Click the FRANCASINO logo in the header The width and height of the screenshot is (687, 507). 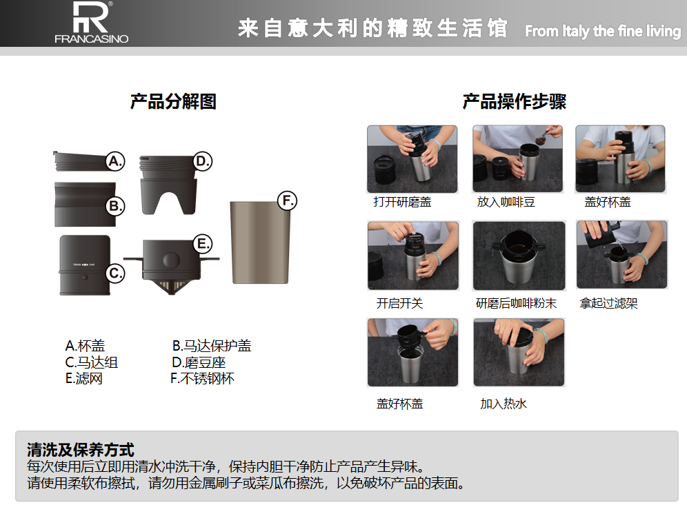[x=92, y=22]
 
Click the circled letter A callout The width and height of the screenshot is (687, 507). [x=115, y=161]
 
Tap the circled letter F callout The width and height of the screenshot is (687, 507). [x=288, y=200]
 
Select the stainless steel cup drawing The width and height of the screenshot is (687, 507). [x=260, y=242]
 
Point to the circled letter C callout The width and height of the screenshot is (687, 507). [x=115, y=274]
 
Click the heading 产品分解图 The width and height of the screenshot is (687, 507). [x=174, y=101]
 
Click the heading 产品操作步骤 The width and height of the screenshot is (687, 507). [x=515, y=101]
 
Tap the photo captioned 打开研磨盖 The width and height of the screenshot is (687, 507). [x=412, y=159]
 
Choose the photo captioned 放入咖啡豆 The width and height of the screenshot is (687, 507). [x=517, y=159]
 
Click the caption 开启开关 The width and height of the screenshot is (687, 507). [x=399, y=303]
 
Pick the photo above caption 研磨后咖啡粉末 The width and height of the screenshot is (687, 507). [x=519, y=256]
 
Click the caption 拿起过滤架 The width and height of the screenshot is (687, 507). [x=608, y=303]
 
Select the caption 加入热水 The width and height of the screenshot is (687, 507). [x=504, y=403]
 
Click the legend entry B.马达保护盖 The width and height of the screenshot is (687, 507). [x=212, y=346]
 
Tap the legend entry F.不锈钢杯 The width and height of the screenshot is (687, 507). [x=202, y=378]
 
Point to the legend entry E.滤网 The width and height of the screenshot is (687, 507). [x=84, y=378]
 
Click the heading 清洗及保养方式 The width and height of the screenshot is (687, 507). [x=81, y=450]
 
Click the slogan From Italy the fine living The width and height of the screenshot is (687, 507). [x=603, y=31]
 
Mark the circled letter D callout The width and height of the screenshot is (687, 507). [x=202, y=161]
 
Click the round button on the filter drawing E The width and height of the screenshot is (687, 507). [x=171, y=260]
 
